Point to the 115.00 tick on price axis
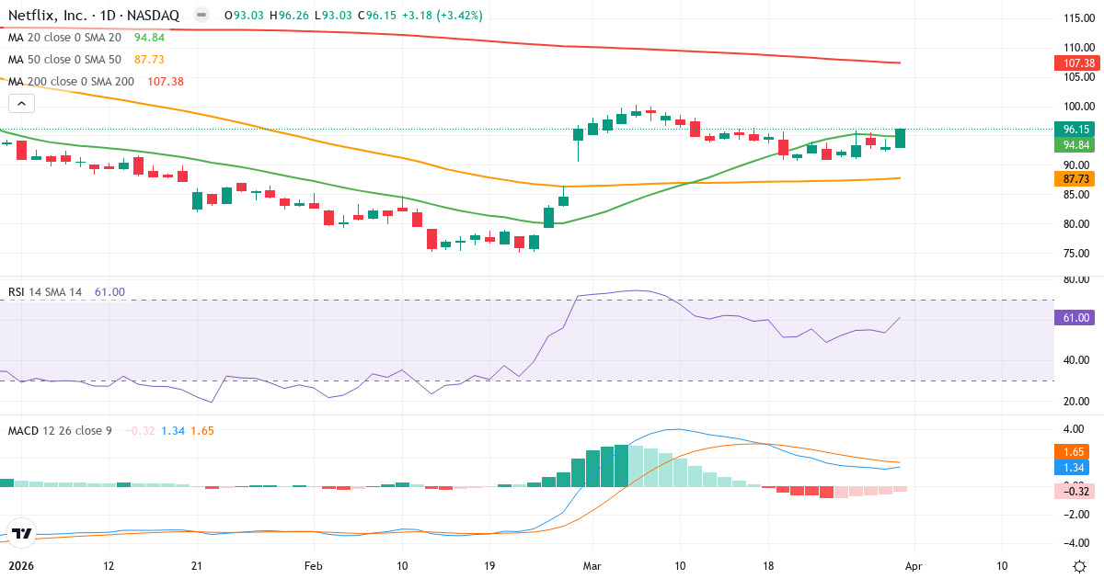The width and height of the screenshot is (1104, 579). (1076, 18)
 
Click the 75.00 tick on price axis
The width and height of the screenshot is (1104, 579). (1076, 254)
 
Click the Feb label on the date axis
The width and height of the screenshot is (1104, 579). (315, 566)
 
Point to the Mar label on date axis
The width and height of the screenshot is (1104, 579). (591, 566)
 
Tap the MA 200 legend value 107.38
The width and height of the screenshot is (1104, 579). (166, 81)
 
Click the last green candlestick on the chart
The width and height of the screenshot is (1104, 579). (901, 138)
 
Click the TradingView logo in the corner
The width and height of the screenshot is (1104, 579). (22, 533)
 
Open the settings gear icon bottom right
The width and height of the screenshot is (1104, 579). (1081, 566)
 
